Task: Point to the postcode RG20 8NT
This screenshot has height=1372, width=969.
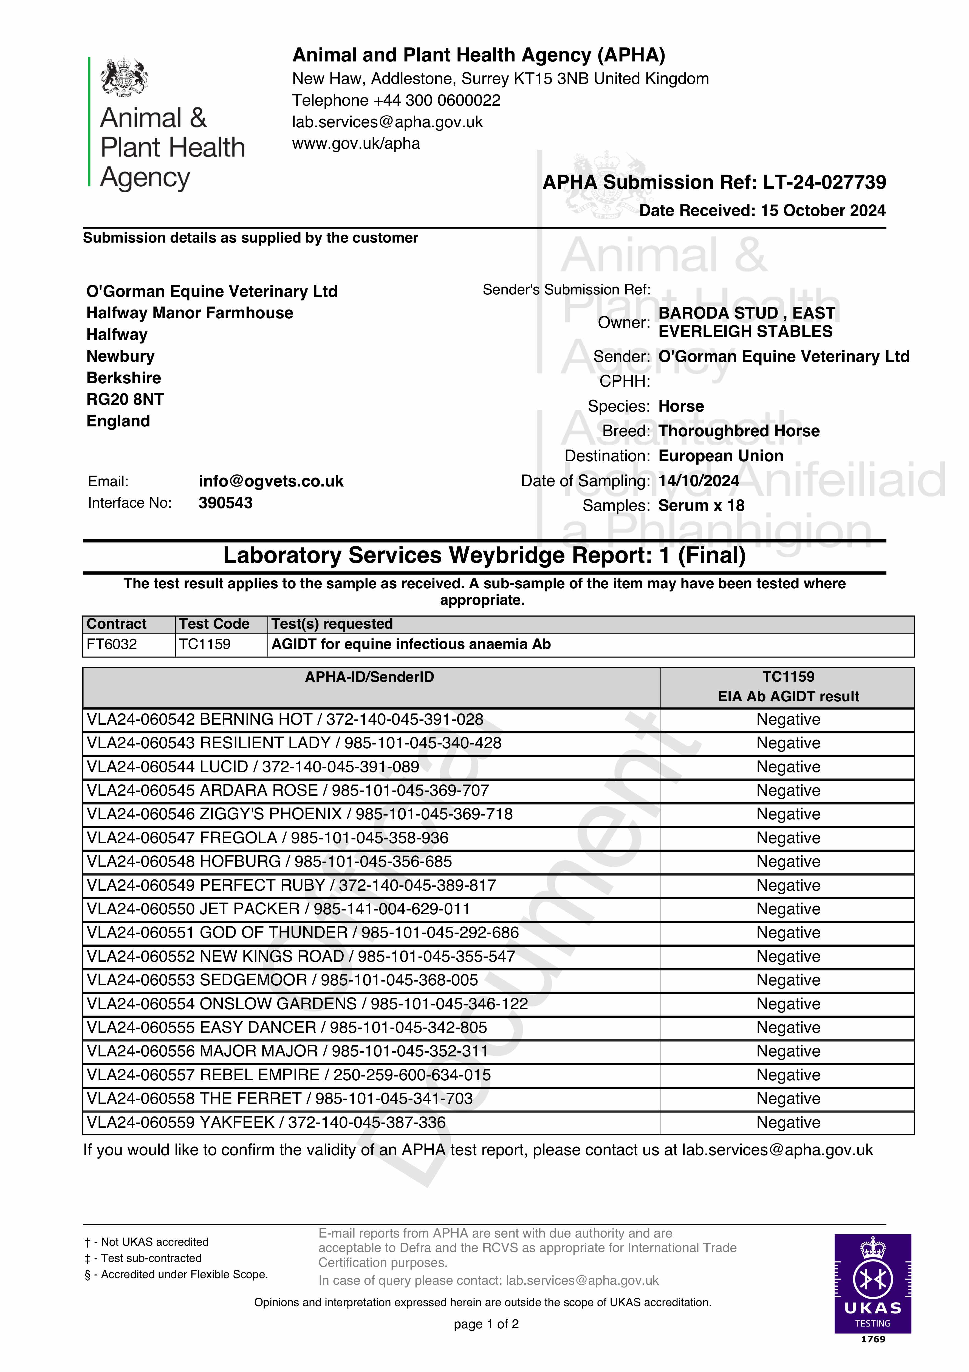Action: pos(125,399)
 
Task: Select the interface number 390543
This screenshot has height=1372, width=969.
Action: pos(225,502)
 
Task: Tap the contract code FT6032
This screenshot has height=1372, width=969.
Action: pos(112,644)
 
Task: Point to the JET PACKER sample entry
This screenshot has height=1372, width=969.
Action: pos(278,909)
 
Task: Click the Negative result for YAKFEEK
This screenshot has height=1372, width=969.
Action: pos(788,1122)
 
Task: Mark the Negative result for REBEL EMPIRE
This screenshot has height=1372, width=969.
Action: pos(788,1075)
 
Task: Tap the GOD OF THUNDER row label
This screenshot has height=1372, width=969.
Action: pos(302,933)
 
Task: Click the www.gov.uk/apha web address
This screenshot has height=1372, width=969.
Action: pos(356,144)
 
